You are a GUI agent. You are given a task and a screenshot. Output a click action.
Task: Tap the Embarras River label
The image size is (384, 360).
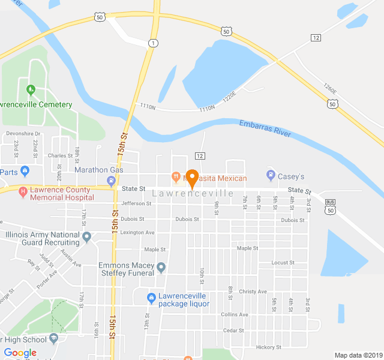[x=264, y=129]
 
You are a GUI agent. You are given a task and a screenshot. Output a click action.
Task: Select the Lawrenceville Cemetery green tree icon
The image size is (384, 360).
[x=31, y=91]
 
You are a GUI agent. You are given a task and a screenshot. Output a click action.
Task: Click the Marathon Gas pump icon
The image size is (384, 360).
[x=111, y=180]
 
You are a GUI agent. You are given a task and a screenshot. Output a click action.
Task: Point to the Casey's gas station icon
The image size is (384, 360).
[x=271, y=176]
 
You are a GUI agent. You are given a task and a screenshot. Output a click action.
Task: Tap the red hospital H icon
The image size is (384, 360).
[x=23, y=192]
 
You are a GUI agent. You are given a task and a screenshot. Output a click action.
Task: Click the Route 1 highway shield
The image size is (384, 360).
[x=154, y=43]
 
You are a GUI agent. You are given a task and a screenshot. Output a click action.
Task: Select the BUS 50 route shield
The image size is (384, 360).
[x=331, y=206]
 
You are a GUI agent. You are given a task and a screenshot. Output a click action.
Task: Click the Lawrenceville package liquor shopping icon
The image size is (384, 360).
[x=151, y=298]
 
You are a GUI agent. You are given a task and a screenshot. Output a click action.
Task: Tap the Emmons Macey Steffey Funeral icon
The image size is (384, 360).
[x=160, y=266]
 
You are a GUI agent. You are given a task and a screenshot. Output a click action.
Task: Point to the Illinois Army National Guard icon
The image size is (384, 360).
[x=87, y=237]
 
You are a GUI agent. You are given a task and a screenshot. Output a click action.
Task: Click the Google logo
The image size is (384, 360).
[x=20, y=353]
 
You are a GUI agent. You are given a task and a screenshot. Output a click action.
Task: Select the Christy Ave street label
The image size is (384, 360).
[x=253, y=292]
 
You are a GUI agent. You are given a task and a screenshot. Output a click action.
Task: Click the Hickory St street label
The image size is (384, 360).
[x=268, y=347]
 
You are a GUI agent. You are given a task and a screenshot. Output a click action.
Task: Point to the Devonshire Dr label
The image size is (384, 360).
[x=23, y=133]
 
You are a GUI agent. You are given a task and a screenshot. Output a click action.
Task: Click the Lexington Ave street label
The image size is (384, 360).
[x=137, y=232]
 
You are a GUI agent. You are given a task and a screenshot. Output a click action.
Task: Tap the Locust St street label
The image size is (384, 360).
[x=283, y=263]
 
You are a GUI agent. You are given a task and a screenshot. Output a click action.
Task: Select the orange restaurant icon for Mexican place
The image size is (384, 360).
[x=176, y=177]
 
